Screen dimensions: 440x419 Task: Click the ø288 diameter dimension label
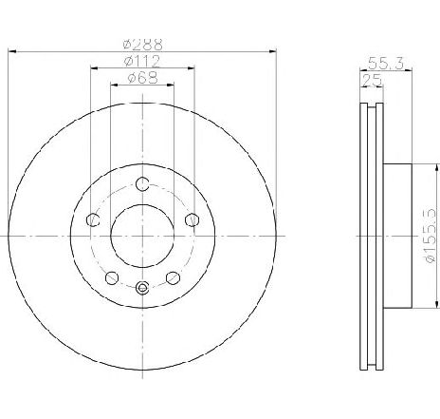point(142,45)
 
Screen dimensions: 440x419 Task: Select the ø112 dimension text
point(142,62)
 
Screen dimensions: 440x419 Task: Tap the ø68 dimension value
point(142,78)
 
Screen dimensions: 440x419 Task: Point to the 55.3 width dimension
point(386,64)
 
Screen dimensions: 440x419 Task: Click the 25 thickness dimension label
point(372,80)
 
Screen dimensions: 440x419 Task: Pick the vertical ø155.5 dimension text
point(431,236)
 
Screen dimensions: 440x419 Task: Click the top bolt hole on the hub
point(142,183)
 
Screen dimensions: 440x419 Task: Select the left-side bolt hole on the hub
point(93,219)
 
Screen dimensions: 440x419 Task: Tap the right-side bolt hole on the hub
point(192,219)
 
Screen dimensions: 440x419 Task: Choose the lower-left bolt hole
point(112,278)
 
